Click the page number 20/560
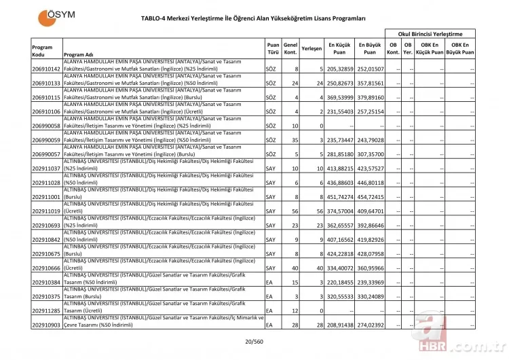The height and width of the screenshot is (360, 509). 254,344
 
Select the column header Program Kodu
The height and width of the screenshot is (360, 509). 43,50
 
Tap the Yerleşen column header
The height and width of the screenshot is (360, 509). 311,49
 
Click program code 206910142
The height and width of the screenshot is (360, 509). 46,69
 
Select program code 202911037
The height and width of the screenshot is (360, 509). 46,167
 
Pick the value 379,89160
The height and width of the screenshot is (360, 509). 370,97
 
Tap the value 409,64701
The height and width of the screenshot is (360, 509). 370,211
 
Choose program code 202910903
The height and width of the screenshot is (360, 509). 46,325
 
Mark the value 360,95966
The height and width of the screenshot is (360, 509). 370,268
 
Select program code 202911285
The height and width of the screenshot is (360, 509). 46,311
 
